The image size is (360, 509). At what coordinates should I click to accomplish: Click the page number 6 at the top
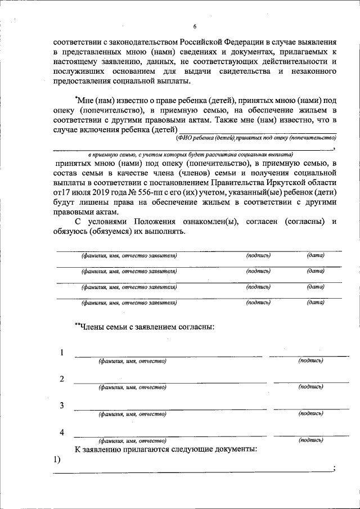(195, 26)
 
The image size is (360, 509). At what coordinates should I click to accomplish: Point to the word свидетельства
(234, 72)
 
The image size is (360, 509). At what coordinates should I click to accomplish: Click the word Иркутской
(287, 183)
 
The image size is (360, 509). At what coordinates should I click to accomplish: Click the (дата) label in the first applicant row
(316, 256)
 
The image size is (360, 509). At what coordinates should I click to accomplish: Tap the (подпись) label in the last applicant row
(259, 303)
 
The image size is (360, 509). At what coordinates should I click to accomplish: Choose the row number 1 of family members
(61, 353)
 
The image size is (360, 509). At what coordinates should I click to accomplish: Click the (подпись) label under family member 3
(310, 413)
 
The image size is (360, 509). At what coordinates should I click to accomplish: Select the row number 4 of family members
(61, 433)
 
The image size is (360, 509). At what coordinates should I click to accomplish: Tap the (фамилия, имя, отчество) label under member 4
(132, 441)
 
